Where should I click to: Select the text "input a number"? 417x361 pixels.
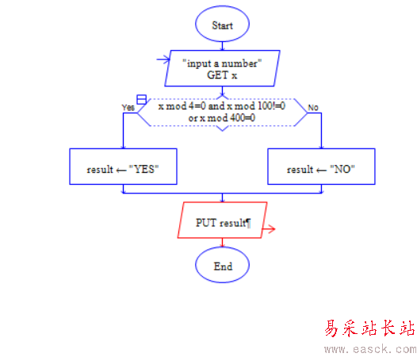(222, 63)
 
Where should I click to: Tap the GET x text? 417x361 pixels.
(222, 75)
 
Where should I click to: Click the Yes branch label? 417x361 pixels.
(128, 107)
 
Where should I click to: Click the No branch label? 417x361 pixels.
(313, 108)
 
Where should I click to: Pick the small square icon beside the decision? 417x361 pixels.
(141, 99)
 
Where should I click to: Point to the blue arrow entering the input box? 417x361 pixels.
(163, 60)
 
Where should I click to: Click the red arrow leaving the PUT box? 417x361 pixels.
(269, 229)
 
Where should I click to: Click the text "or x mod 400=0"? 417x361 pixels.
(222, 117)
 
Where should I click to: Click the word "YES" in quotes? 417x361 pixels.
(143, 169)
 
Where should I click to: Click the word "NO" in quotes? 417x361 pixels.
(342, 169)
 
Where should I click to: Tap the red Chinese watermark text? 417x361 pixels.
(369, 328)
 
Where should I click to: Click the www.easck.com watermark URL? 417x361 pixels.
(370, 349)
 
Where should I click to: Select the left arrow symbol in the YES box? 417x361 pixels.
(121, 171)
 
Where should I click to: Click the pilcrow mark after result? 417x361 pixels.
(248, 223)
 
